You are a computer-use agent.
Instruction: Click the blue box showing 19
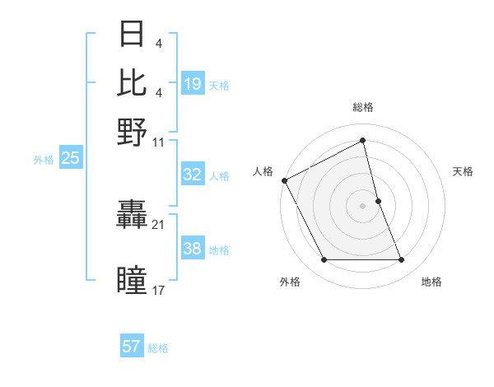(193, 84)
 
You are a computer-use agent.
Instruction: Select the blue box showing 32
(193, 175)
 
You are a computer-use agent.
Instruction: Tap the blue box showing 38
(193, 249)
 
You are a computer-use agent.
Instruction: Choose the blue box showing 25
(70, 159)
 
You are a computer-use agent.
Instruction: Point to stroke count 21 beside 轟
(158, 224)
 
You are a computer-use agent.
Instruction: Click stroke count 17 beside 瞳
(158, 289)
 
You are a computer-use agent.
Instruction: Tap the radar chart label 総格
(363, 107)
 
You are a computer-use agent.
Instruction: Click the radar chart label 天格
(463, 171)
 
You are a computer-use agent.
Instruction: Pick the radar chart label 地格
(431, 282)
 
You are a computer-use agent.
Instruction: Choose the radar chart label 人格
(263, 171)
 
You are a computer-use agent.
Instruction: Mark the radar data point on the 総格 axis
(363, 141)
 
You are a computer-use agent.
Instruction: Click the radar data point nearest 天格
(378, 201)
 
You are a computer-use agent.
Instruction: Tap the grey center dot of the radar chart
(363, 206)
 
